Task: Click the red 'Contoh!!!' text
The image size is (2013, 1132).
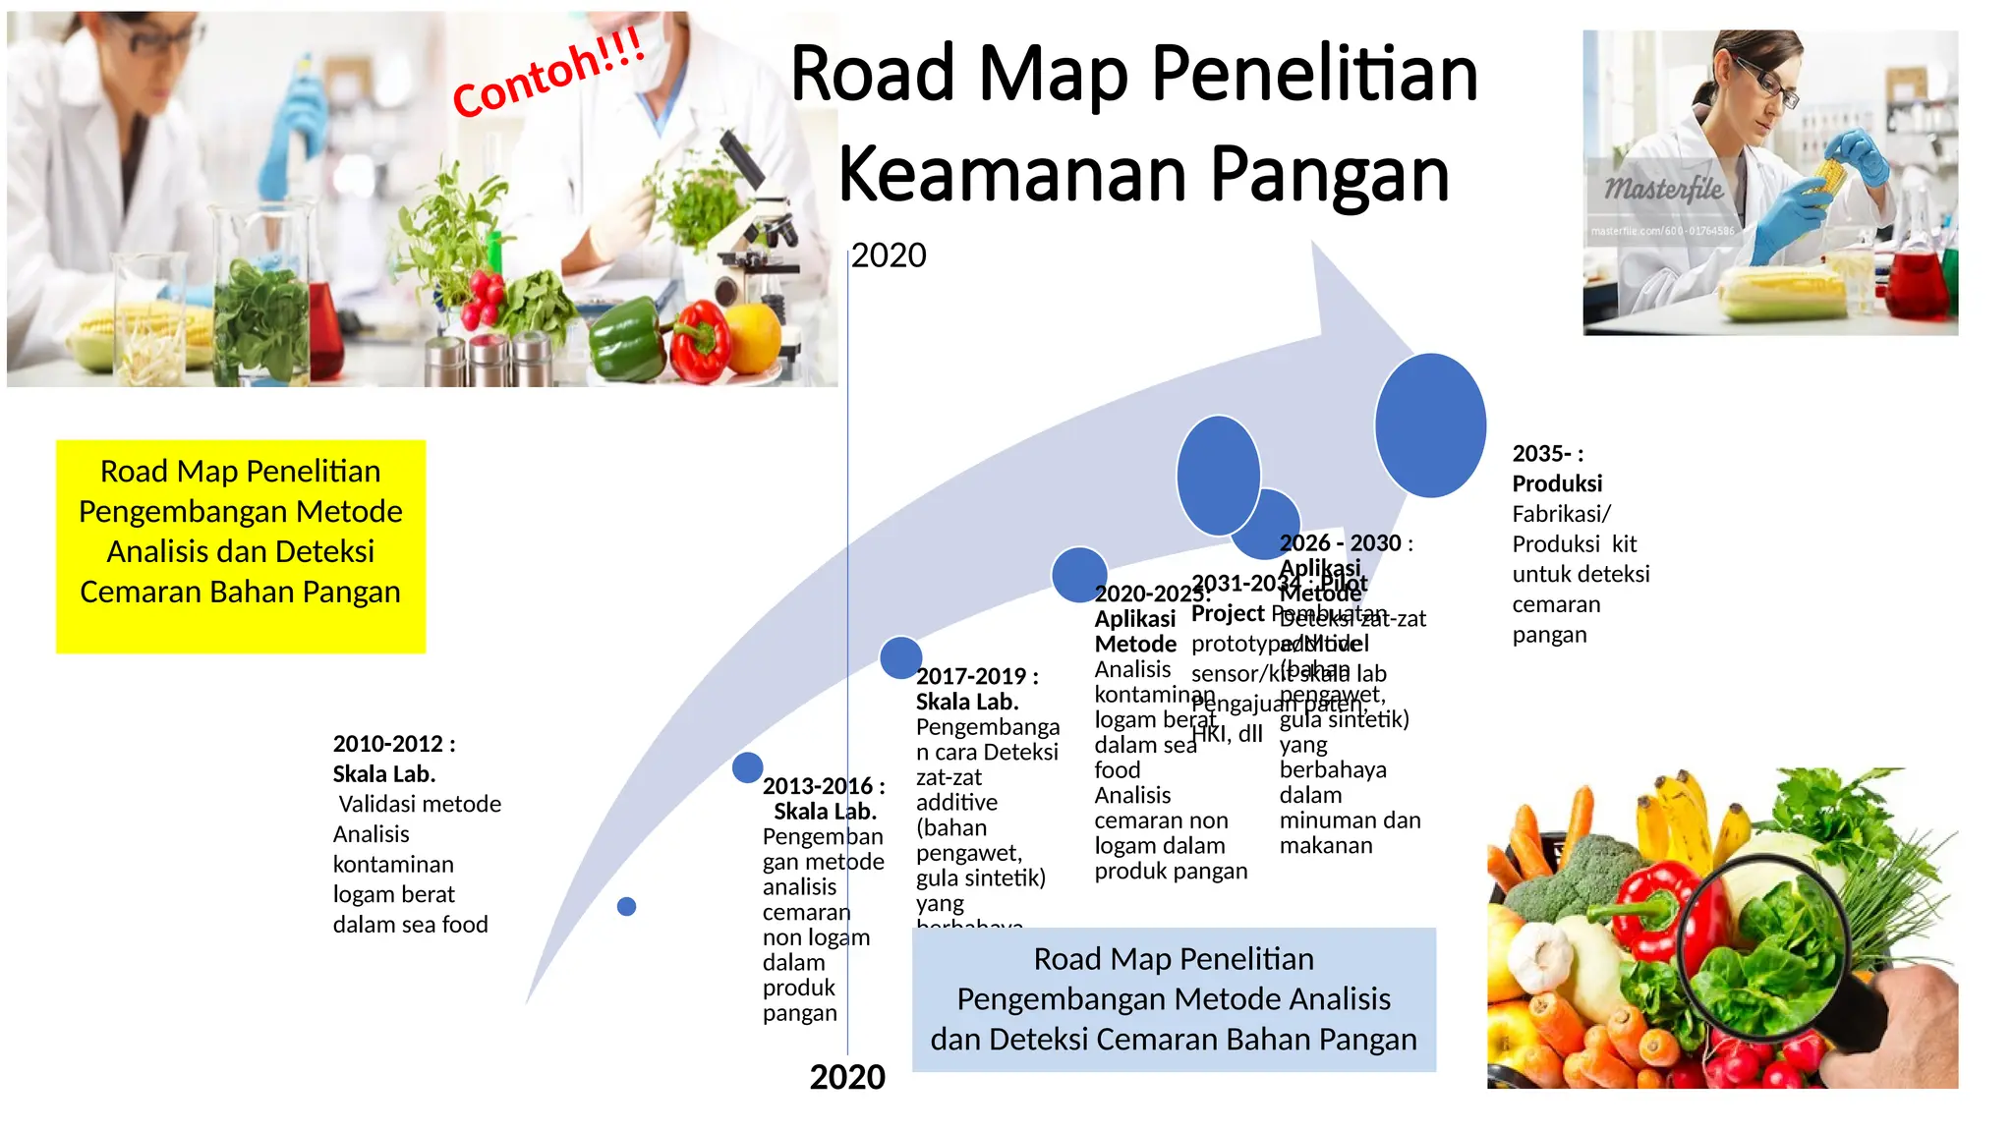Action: point(547,73)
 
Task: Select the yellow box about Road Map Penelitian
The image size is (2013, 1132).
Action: point(241,545)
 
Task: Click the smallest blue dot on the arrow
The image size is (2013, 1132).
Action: point(626,906)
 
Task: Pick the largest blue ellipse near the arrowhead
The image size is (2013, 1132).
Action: point(1430,425)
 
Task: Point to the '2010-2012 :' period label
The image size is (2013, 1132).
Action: point(394,744)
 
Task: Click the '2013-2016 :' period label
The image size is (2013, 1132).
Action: point(824,786)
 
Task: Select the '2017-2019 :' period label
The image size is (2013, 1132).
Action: point(977,676)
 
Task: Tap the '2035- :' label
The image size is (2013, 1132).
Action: point(1547,454)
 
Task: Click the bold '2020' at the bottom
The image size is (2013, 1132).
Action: point(847,1077)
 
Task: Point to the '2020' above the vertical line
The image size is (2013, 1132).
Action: point(889,255)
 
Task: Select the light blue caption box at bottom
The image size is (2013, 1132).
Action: point(1174,999)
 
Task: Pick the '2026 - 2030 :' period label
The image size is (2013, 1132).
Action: point(1346,543)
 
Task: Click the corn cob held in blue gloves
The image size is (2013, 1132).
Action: point(1831,178)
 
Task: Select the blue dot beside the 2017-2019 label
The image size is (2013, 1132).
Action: point(900,657)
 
